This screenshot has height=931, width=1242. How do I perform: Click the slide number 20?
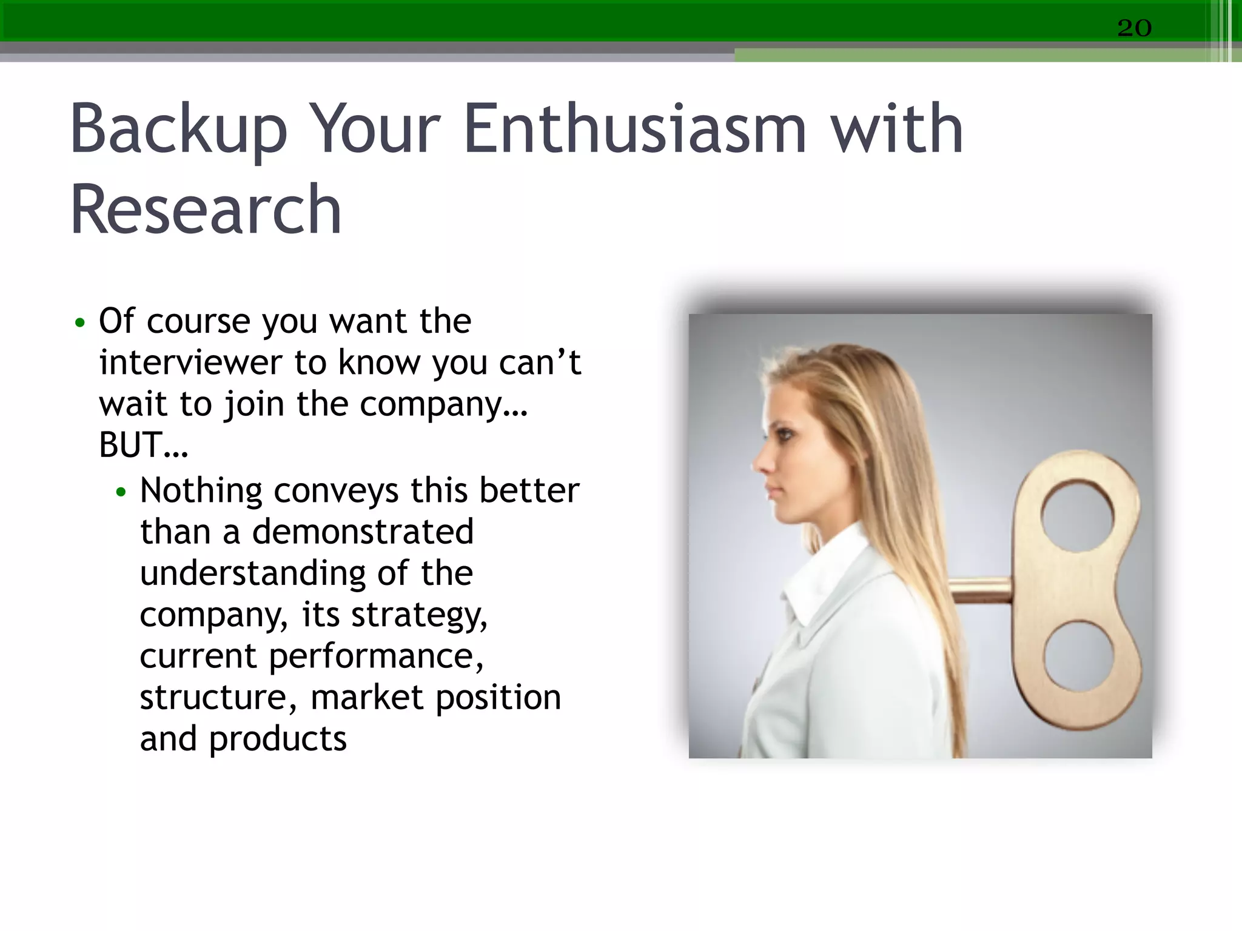[1134, 28]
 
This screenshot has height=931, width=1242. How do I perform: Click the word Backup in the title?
[178, 130]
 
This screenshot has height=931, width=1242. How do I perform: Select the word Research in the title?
[206, 210]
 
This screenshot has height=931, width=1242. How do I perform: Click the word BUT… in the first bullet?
[143, 445]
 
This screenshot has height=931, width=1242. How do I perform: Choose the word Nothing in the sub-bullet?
[200, 490]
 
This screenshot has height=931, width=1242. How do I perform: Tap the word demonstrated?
[362, 532]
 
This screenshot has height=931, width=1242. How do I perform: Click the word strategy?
[419, 615]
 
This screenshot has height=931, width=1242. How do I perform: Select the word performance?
[376, 656]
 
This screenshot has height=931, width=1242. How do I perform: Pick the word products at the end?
[278, 739]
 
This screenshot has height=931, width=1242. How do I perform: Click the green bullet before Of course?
[79, 322]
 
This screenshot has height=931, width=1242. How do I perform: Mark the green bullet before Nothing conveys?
[121, 492]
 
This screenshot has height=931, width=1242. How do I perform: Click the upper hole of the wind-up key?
[1077, 516]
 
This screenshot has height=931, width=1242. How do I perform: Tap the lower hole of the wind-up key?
[1078, 656]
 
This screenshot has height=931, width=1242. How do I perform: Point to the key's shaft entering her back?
[979, 590]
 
